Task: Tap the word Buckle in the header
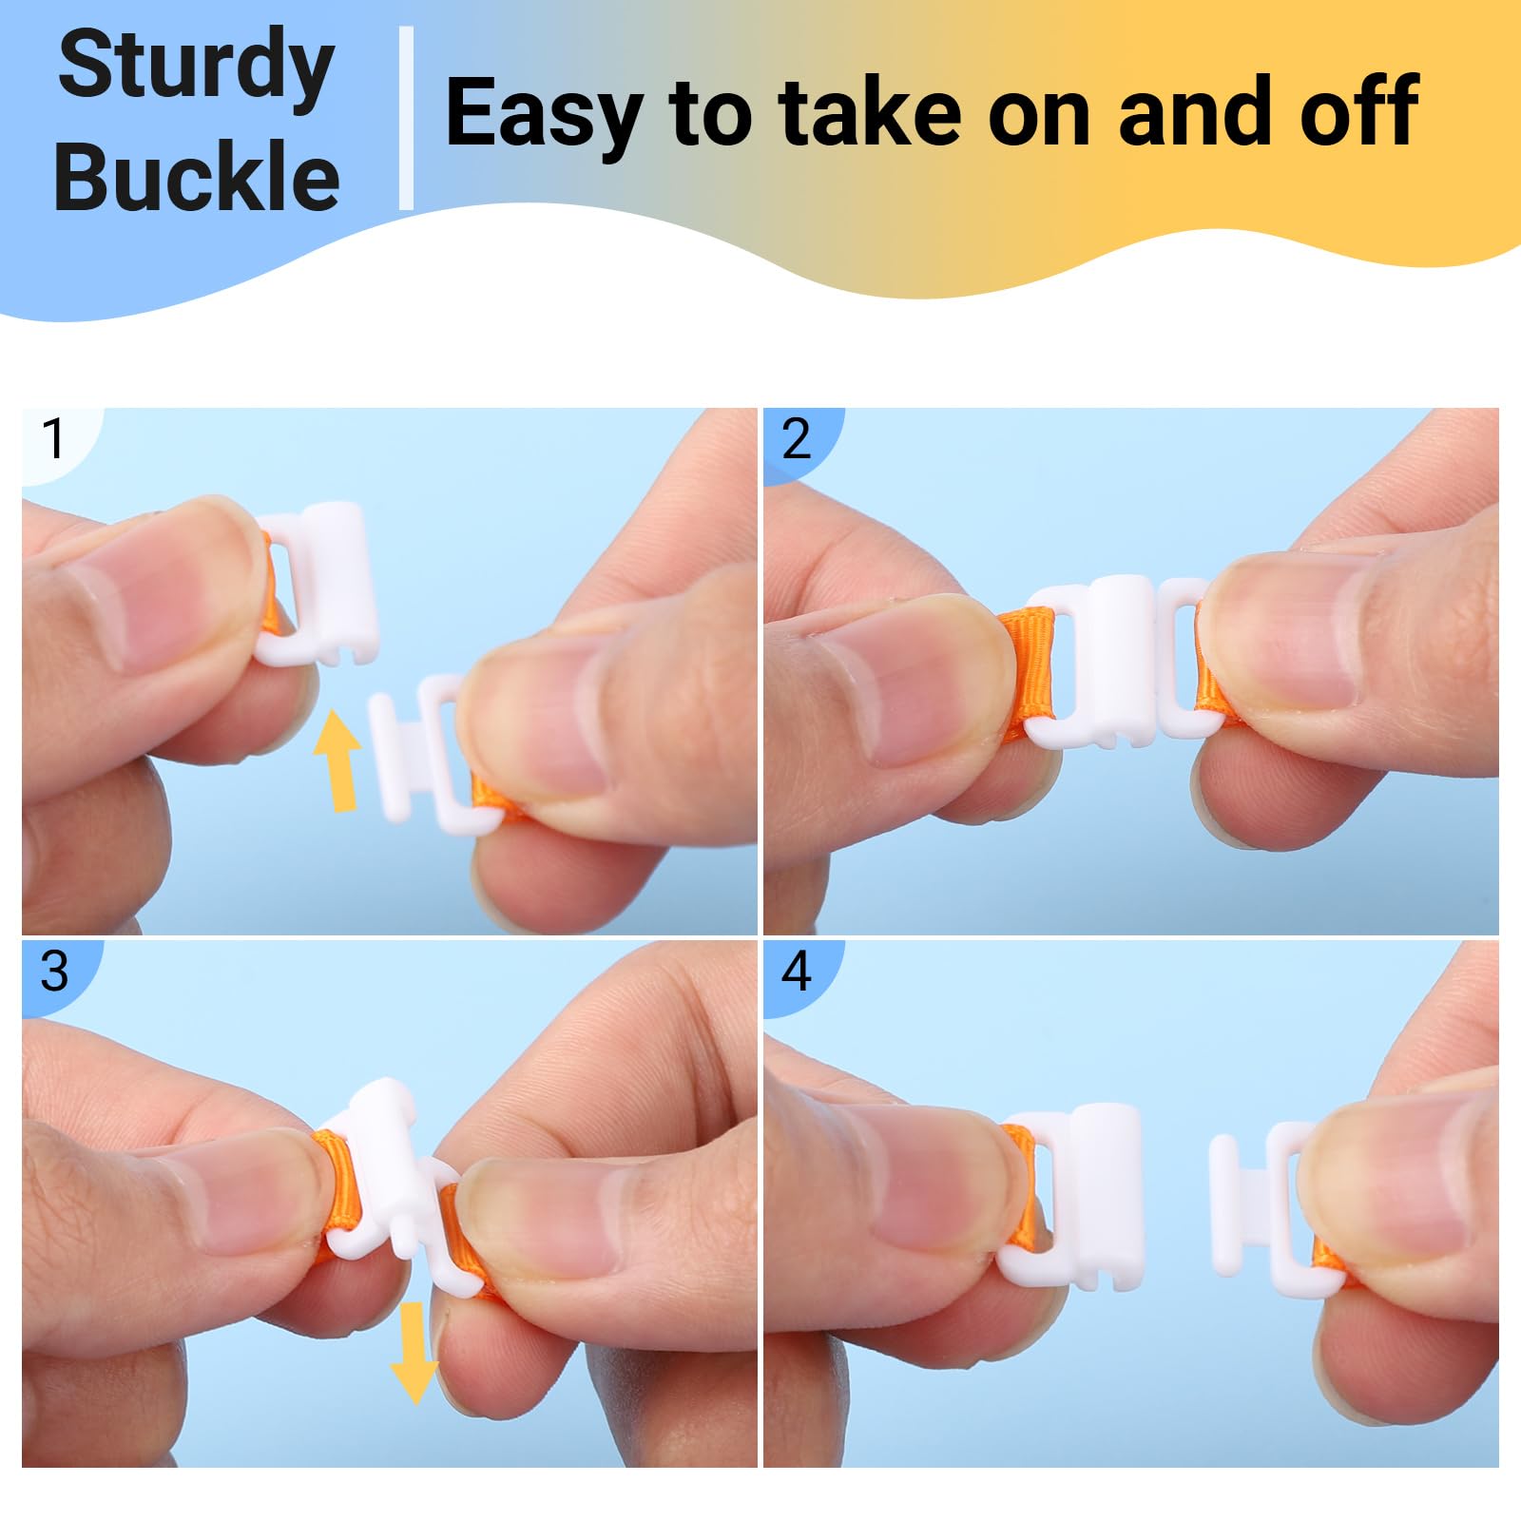pyautogui.click(x=197, y=176)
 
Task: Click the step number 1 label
pyautogui.click(x=53, y=438)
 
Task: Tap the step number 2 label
pyautogui.click(x=797, y=438)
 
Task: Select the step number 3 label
pyautogui.click(x=54, y=972)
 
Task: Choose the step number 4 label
pyautogui.click(x=797, y=972)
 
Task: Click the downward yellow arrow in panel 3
pyautogui.click(x=414, y=1353)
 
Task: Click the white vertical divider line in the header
pyautogui.click(x=406, y=118)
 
